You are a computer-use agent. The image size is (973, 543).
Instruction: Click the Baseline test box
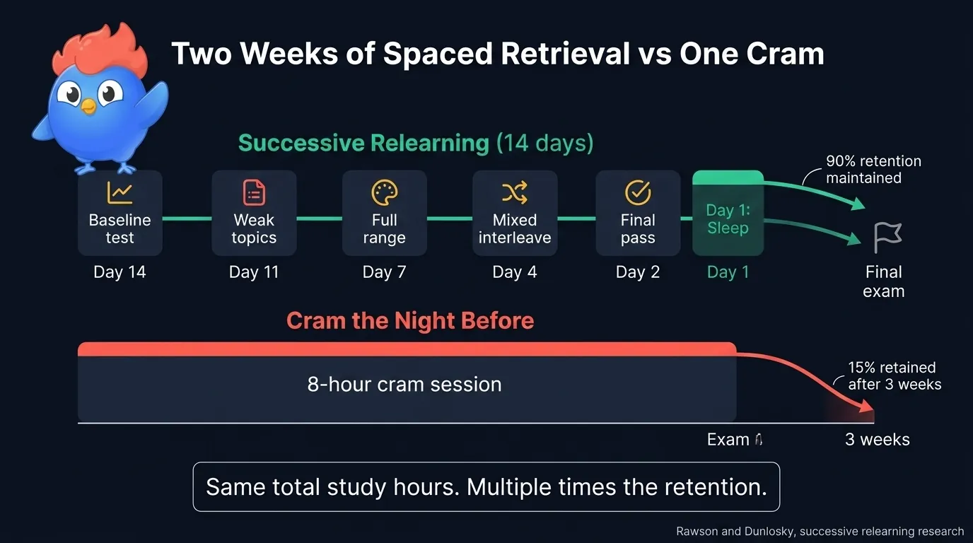point(120,213)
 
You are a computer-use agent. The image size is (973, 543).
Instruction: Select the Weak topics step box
point(254,213)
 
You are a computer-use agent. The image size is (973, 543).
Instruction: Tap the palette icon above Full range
point(385,192)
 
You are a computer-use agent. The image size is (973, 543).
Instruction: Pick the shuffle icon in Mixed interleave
point(515,192)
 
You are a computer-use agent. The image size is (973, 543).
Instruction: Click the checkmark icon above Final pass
point(638,192)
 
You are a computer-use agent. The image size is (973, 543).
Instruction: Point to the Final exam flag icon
point(887,238)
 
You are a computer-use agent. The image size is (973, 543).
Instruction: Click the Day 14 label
point(120,272)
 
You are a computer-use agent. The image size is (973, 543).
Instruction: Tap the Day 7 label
point(384,272)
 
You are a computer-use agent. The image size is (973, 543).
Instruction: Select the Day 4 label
point(515,272)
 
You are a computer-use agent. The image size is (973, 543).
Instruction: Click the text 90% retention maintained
point(873,170)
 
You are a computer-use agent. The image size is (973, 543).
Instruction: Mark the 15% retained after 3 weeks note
point(895,376)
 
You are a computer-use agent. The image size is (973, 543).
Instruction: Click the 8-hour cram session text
point(404,384)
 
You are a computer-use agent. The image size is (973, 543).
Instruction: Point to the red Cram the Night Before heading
point(410,321)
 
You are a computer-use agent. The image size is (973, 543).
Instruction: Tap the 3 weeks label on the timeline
point(878,440)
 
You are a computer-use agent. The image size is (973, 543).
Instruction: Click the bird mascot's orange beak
point(88,107)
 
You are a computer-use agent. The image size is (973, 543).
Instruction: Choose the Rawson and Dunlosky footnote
point(820,531)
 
